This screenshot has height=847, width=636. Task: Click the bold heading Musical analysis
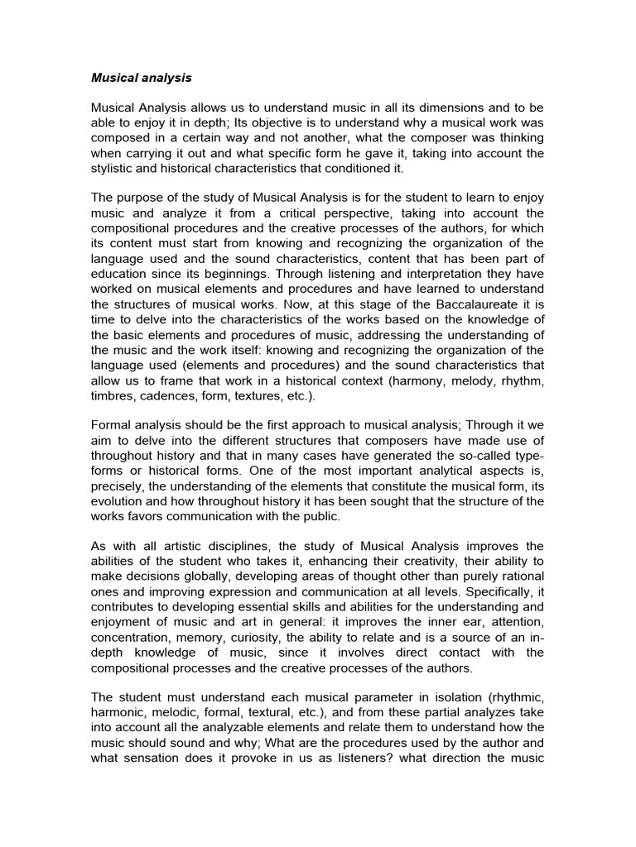[x=141, y=78]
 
